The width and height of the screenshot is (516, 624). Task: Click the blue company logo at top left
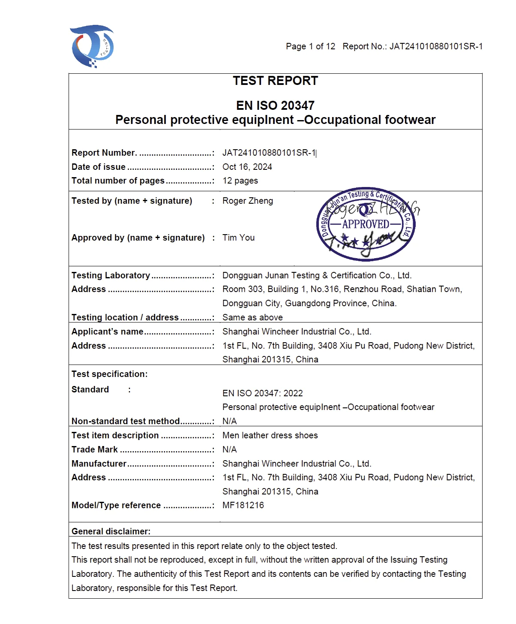click(x=92, y=46)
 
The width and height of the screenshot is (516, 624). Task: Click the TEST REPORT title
click(x=275, y=81)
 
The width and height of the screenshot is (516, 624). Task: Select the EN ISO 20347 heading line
click(x=275, y=106)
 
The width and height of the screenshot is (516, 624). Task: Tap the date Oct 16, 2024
click(x=247, y=167)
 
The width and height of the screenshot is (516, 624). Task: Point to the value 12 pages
click(x=240, y=181)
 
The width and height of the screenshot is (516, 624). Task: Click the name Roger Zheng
click(x=247, y=201)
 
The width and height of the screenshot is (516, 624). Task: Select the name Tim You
click(x=238, y=238)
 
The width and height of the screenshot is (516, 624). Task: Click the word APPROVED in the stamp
click(x=366, y=224)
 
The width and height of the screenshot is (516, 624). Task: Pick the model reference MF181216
click(x=243, y=505)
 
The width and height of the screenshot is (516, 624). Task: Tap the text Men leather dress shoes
click(x=270, y=435)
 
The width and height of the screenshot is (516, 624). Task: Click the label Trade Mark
click(x=95, y=449)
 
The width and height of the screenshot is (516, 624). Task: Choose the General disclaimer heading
click(x=111, y=531)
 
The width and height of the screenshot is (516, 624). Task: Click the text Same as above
click(x=252, y=317)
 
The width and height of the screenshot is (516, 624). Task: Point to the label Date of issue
click(x=99, y=167)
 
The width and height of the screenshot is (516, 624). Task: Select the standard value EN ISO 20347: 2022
click(x=262, y=393)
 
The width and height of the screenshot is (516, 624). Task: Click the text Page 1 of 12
click(x=310, y=46)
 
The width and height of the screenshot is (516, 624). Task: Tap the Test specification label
click(x=109, y=374)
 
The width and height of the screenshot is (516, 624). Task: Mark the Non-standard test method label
click(x=126, y=421)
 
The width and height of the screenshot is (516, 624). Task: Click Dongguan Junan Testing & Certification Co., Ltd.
click(x=317, y=275)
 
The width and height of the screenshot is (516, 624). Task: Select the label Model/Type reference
click(x=116, y=505)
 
